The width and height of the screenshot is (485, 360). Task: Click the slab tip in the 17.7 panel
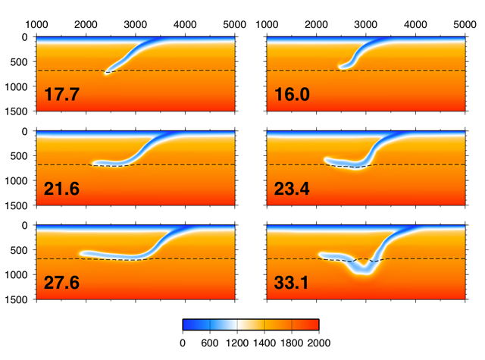click(x=107, y=72)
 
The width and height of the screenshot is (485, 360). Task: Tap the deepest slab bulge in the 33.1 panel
click(x=365, y=269)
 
